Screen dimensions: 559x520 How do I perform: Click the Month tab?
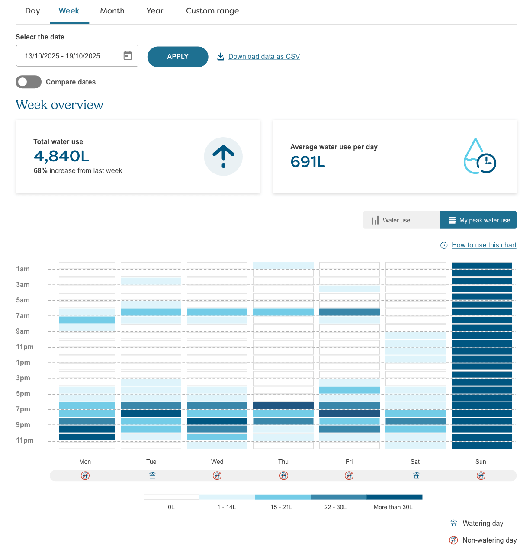tap(112, 11)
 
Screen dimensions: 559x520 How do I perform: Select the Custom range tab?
tap(212, 11)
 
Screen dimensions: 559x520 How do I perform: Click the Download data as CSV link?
tap(264, 57)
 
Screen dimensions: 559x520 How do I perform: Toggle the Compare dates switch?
tap(29, 82)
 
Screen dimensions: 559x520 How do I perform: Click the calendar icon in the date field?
tap(128, 55)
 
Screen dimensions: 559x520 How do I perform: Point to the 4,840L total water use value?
tap(61, 156)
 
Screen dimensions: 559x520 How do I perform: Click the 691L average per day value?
tap(308, 162)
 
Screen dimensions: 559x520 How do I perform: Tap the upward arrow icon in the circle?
tap(223, 156)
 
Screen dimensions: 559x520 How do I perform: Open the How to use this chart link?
tap(484, 245)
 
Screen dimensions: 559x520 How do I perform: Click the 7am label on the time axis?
tap(23, 316)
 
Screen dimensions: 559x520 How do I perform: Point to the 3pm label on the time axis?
tap(23, 378)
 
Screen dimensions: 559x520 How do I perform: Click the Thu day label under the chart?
tap(283, 462)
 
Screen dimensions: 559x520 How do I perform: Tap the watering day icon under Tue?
tap(152, 475)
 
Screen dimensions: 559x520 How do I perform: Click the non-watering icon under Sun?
tap(481, 475)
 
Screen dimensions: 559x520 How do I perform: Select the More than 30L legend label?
tap(393, 507)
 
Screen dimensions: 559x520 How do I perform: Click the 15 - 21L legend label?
tap(282, 507)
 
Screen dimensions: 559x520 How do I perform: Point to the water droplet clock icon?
tap(479, 157)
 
